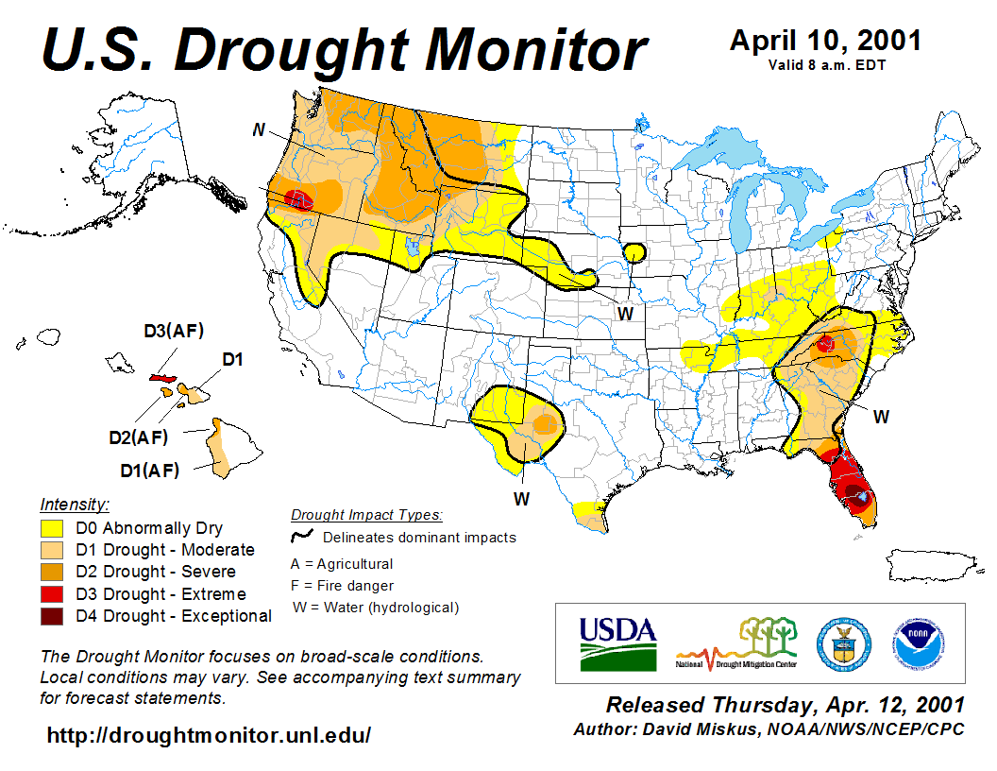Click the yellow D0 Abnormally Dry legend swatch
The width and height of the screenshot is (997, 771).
(x=52, y=528)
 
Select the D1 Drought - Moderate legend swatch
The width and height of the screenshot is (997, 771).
(x=52, y=550)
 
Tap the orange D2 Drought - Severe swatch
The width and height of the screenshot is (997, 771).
(x=52, y=572)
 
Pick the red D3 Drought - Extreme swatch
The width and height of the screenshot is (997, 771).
(x=52, y=594)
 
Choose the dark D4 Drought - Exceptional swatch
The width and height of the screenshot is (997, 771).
(x=52, y=616)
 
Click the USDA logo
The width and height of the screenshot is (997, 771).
(x=617, y=642)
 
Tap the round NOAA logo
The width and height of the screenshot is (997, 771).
(x=913, y=642)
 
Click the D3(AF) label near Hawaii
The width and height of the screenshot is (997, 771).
(x=174, y=332)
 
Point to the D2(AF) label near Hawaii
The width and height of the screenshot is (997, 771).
(x=138, y=437)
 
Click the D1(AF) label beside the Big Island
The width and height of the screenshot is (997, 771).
(x=149, y=470)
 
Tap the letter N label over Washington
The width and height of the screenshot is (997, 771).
(x=258, y=129)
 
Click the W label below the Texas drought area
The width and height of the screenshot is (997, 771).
(x=520, y=497)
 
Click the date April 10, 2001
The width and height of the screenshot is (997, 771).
(x=825, y=41)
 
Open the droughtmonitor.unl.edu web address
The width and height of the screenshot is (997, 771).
(x=209, y=734)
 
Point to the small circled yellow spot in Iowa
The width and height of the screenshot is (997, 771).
(x=634, y=252)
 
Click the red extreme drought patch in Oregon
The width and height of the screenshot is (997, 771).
(x=299, y=199)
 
